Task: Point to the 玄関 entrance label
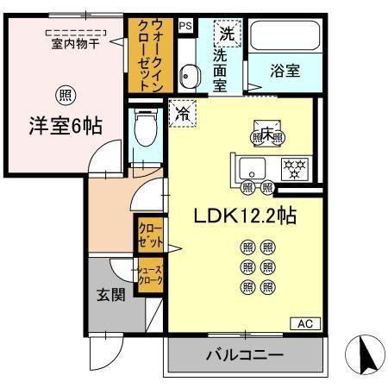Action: pos(110,296)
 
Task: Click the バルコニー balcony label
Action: pos(244,354)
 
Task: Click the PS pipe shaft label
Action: pos(185,27)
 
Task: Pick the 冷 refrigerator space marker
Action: pos(182,113)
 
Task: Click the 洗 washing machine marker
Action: pos(226,35)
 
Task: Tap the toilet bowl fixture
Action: pos(146,130)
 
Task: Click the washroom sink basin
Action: pos(189,74)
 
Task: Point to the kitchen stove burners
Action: pos(292,167)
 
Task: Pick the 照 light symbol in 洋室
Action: pos(64,95)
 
